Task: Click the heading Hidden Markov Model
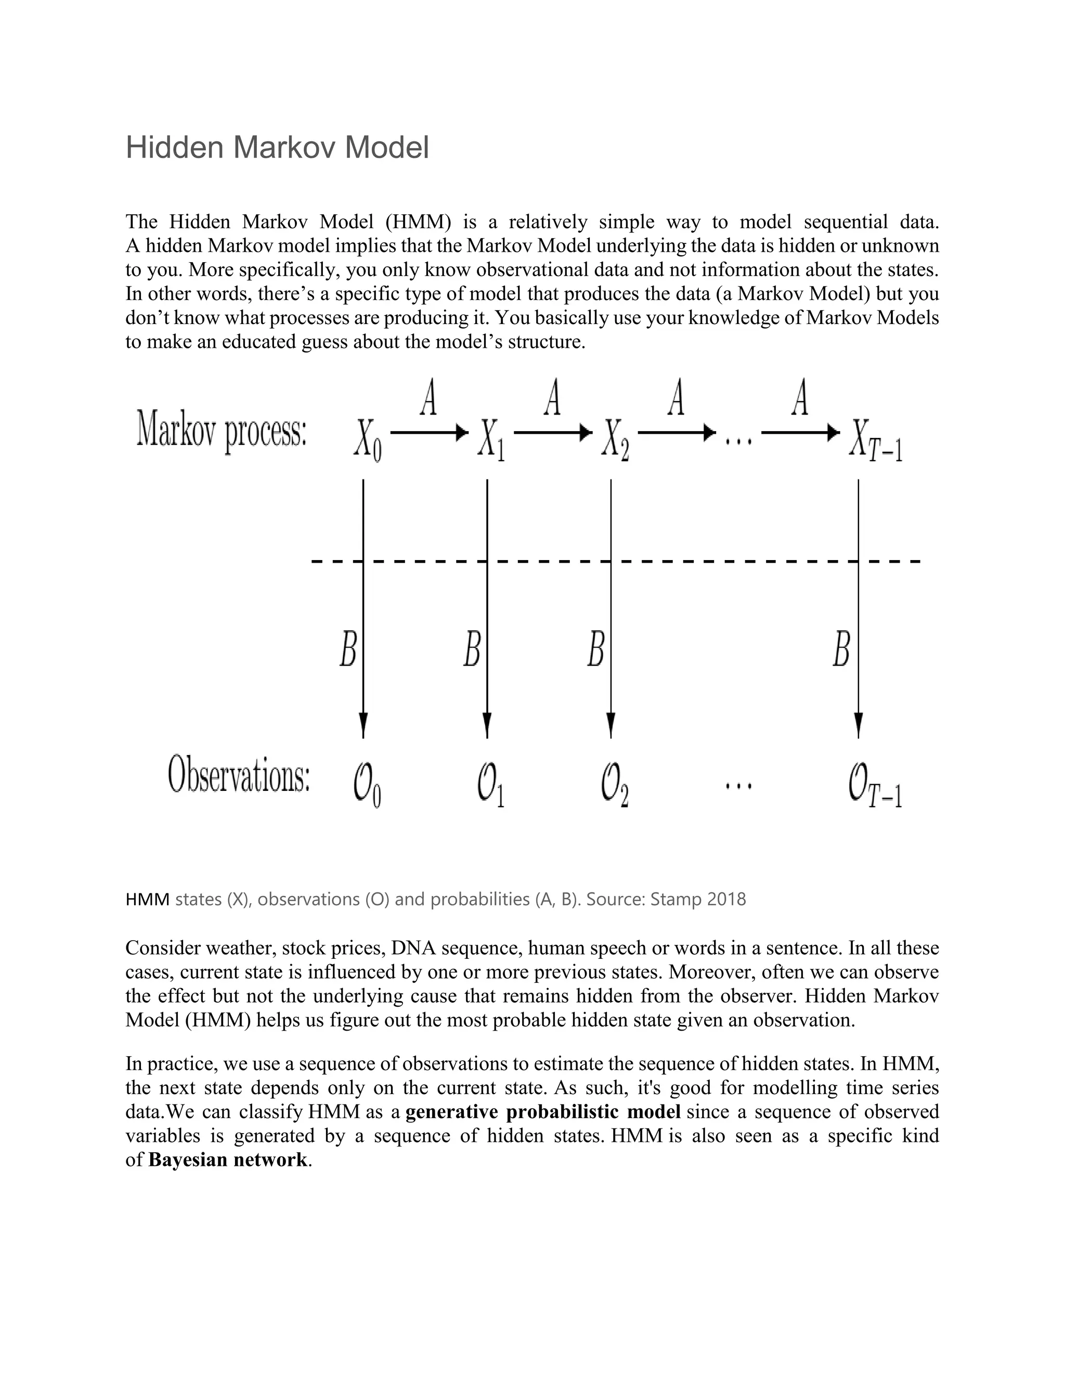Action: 277,148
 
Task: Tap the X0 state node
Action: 367,440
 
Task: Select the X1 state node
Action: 491,440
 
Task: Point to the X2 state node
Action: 615,440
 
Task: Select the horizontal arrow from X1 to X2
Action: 553,433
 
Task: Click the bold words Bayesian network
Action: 228,1160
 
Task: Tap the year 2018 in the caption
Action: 726,899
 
